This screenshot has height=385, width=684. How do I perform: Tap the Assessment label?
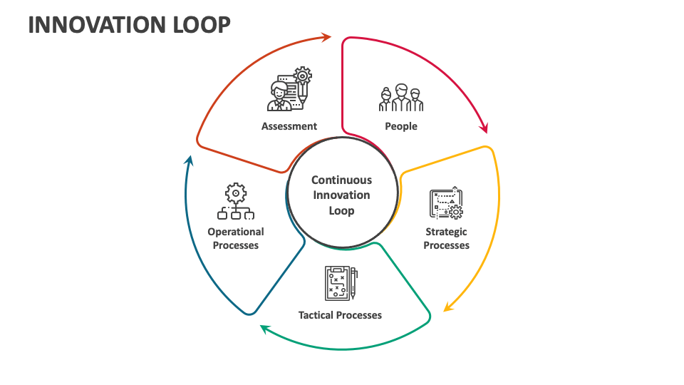(x=289, y=126)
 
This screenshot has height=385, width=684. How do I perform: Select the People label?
(x=401, y=126)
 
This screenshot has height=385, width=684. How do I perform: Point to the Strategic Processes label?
(x=447, y=238)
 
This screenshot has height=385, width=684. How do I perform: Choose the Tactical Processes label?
(x=340, y=314)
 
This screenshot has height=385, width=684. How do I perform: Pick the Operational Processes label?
(x=236, y=238)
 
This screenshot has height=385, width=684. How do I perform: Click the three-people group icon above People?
(x=401, y=98)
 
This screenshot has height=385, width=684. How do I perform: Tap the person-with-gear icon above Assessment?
(x=290, y=90)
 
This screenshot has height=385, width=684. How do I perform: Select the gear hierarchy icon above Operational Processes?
(x=236, y=202)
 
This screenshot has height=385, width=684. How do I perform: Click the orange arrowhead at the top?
(x=326, y=36)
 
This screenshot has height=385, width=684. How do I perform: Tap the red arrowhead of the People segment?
(x=484, y=128)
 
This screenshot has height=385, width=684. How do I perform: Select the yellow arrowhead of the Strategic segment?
(x=448, y=307)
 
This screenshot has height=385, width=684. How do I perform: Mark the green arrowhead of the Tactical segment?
(x=264, y=328)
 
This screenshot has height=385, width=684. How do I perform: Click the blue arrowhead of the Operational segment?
(x=189, y=160)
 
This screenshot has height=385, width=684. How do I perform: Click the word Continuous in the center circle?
(x=341, y=180)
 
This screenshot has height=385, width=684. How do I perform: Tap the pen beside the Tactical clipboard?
(x=354, y=283)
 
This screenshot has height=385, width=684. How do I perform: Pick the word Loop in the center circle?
(x=341, y=211)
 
